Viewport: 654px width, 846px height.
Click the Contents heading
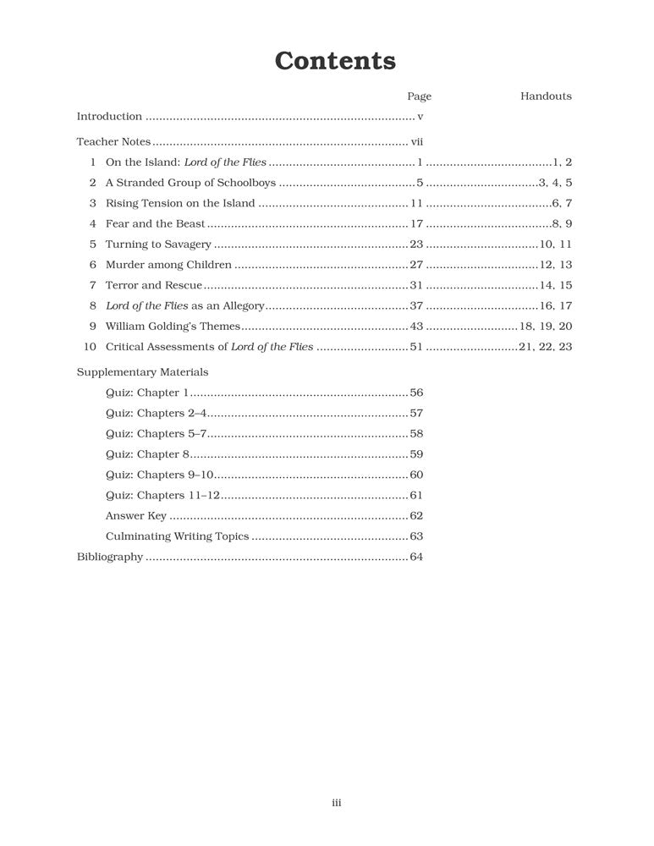pos(335,61)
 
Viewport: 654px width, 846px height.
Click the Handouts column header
pos(546,96)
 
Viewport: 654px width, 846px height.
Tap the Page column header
pos(419,96)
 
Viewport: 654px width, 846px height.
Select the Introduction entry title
pos(109,117)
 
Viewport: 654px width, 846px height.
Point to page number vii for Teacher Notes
pos(416,141)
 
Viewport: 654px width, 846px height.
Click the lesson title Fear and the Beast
pos(155,223)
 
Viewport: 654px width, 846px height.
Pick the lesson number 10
pos(91,346)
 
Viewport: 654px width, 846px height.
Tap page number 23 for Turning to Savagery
pos(415,244)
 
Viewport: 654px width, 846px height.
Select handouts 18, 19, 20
pos(546,326)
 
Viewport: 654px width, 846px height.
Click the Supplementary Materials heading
pos(142,371)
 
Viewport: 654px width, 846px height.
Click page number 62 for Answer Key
pos(415,515)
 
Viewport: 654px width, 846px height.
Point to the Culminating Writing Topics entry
pos(177,536)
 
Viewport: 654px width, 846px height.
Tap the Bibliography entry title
pos(110,557)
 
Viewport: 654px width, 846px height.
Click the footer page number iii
pos(336,803)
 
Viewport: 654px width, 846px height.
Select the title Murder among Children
pos(168,264)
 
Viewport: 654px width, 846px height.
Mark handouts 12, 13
pos(556,264)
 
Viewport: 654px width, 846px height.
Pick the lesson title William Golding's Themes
pos(173,326)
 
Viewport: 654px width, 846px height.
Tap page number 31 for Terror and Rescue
pos(415,285)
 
